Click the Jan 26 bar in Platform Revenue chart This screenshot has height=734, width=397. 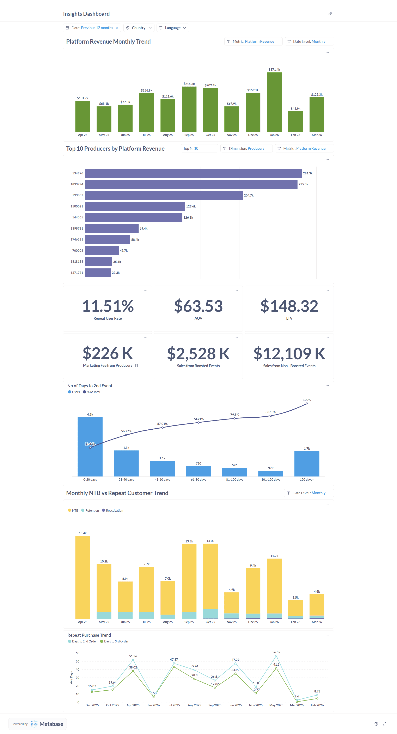click(x=274, y=102)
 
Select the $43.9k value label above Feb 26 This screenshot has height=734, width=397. click(x=295, y=108)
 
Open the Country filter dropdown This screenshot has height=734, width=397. click(x=139, y=28)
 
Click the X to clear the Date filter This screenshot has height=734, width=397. click(x=117, y=28)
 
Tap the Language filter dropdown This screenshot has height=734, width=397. click(x=172, y=28)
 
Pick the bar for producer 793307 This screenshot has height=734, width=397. click(x=164, y=195)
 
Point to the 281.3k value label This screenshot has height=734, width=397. click(x=307, y=173)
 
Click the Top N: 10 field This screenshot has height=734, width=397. click(x=199, y=148)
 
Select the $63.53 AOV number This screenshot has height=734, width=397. click(x=198, y=306)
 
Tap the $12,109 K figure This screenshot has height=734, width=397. click(x=289, y=354)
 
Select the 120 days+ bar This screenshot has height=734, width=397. click(x=307, y=464)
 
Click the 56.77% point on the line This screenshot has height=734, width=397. click(x=126, y=435)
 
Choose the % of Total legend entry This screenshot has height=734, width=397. click(x=92, y=392)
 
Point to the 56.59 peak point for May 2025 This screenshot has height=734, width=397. click(x=276, y=656)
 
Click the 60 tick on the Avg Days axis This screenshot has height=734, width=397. click(x=77, y=653)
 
